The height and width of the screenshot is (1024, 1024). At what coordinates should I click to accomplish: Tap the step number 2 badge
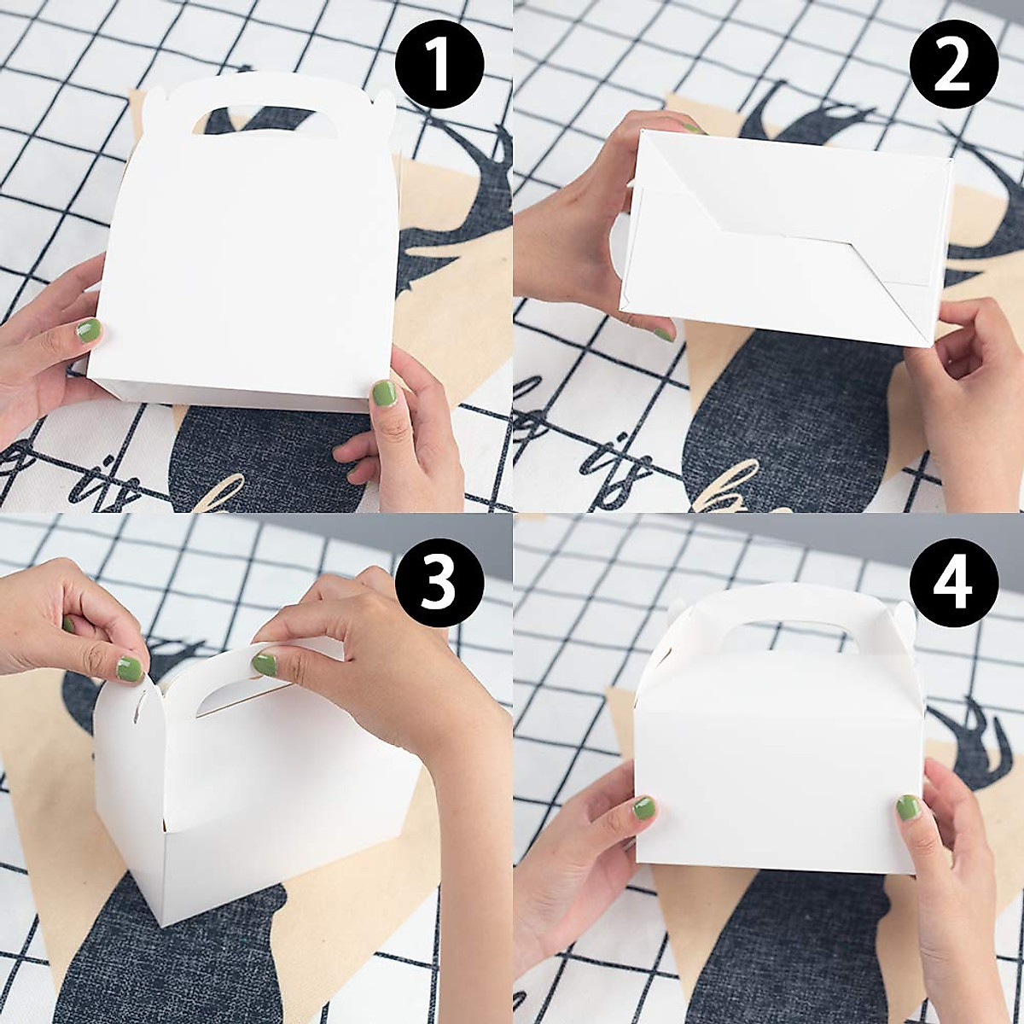pos(954,67)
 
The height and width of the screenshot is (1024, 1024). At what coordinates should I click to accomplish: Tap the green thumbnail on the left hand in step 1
pos(88,330)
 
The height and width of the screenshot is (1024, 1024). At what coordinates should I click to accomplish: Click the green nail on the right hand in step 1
pos(384,393)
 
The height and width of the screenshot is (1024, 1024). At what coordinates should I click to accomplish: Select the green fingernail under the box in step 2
pos(663,334)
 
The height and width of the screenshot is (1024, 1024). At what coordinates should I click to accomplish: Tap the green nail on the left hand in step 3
pos(130,668)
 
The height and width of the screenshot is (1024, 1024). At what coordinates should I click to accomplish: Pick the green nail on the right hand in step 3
pos(265,664)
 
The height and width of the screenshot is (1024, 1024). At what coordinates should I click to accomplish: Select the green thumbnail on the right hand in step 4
pos(907,807)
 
